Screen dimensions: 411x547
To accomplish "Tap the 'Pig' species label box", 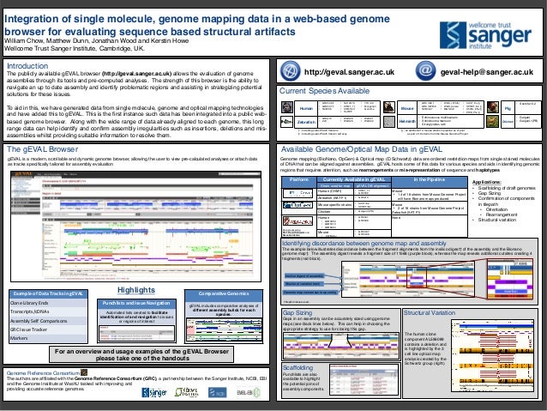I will pyautogui.click(x=532, y=109).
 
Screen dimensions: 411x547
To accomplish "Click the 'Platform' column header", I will pyautogui.click(x=299, y=156).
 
